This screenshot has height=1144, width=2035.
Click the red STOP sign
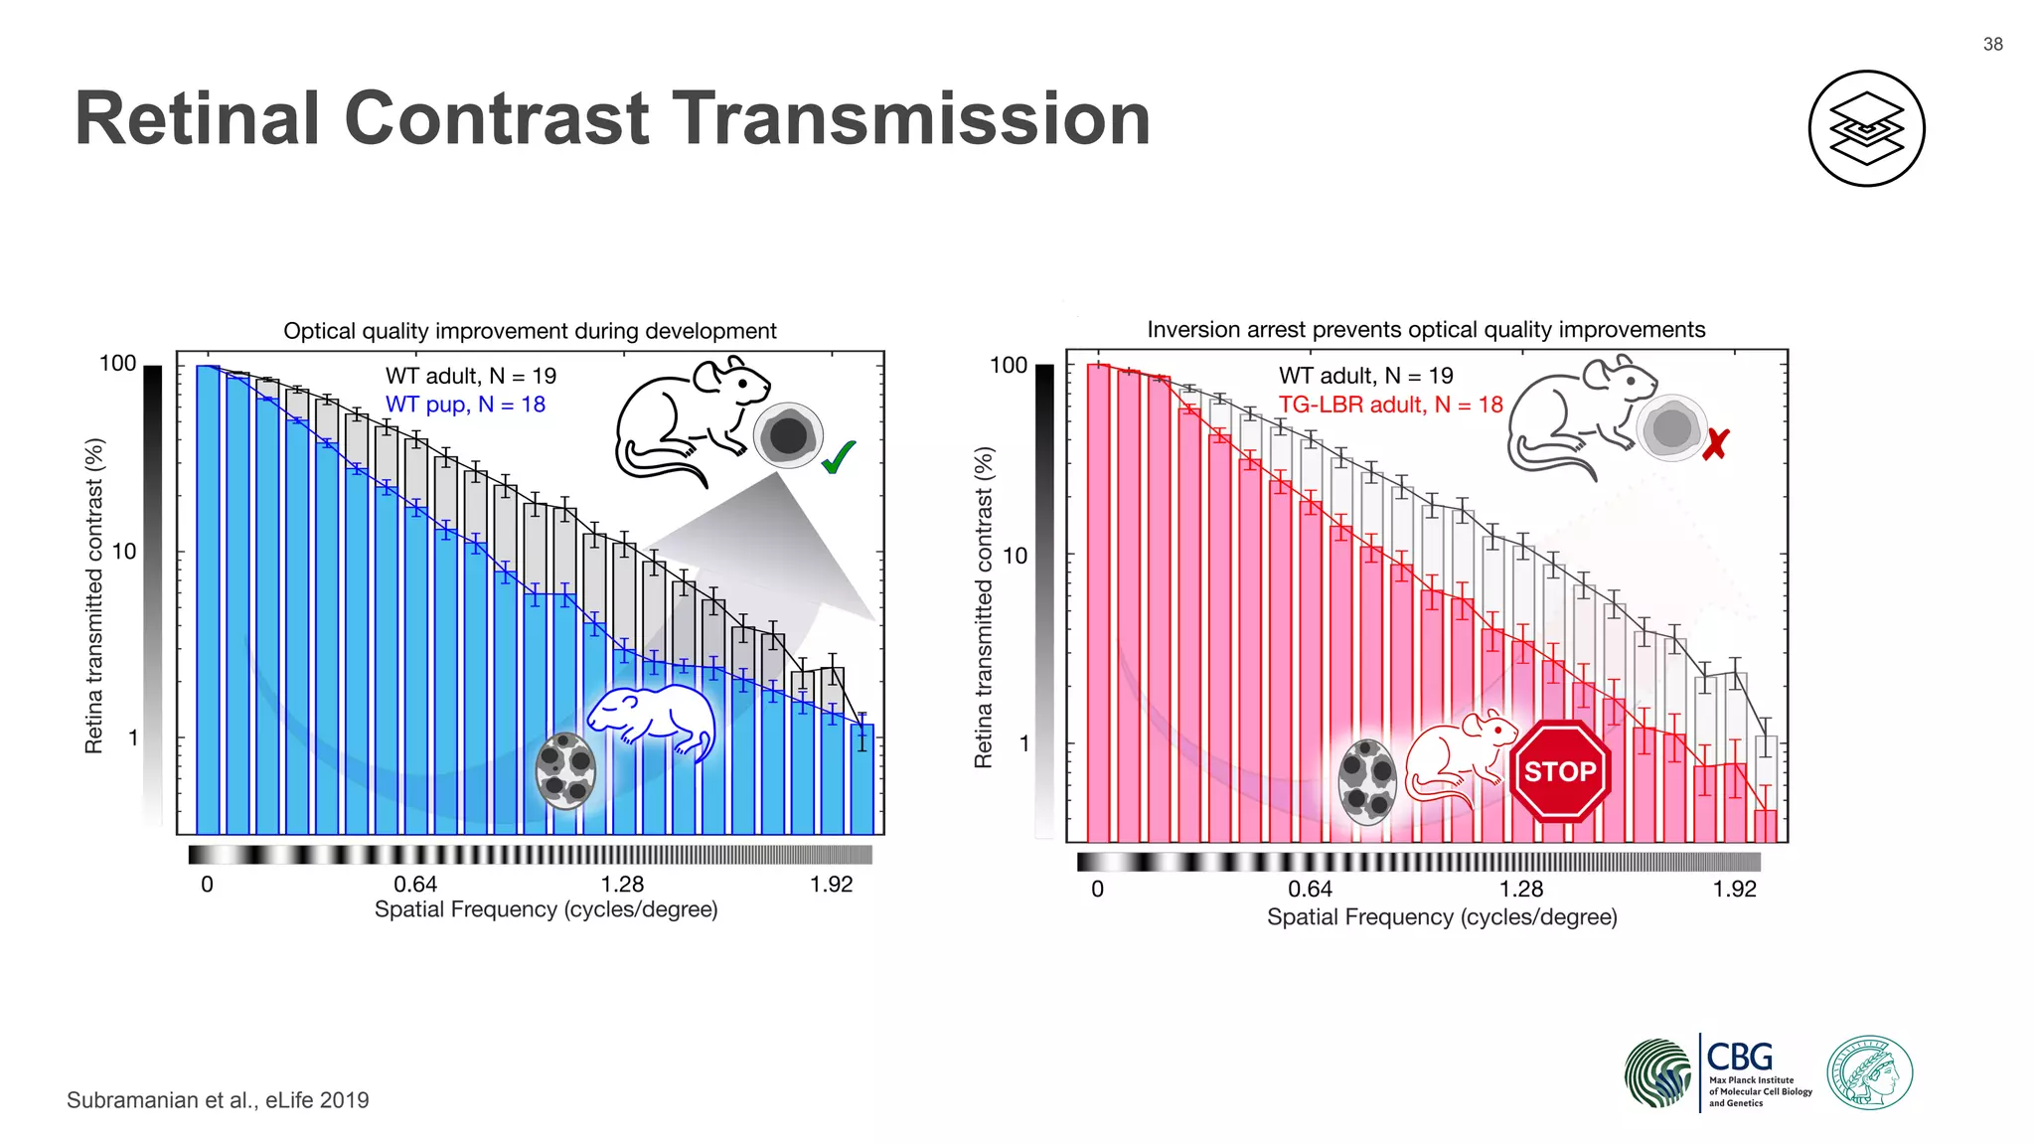[x=1559, y=771]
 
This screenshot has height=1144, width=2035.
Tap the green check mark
[x=838, y=457]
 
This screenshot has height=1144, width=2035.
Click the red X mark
[x=1715, y=444]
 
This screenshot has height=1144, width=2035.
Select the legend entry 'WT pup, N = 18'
[x=465, y=405]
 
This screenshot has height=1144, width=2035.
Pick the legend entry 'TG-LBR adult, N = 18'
[x=1390, y=405]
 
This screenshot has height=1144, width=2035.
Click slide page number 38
[x=1992, y=44]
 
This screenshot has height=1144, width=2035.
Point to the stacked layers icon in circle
[x=1866, y=128]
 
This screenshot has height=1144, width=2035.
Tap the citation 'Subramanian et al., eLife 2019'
[x=218, y=1100]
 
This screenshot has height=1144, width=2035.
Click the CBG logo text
[x=1739, y=1057]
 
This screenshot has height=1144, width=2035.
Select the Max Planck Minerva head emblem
[x=1869, y=1072]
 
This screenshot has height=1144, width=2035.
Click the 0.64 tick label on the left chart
[x=415, y=884]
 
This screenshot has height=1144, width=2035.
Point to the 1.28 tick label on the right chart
[x=1520, y=889]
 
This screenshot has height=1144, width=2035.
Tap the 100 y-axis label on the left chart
[x=117, y=364]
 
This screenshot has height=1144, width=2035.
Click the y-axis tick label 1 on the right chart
[x=1023, y=743]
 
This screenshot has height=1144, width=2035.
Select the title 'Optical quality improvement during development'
[x=530, y=331]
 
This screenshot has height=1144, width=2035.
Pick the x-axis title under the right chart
[x=1441, y=916]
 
